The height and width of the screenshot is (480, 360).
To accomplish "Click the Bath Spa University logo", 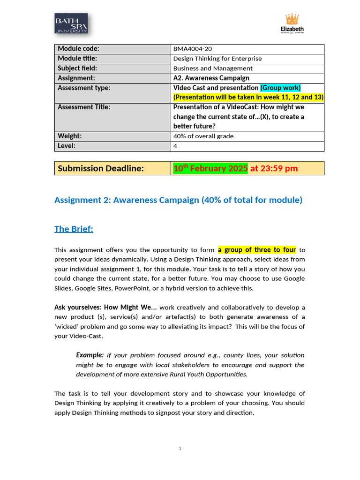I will [71, 23].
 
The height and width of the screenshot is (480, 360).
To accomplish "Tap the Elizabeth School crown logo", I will [292, 23].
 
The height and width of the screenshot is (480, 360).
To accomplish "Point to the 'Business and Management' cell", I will [213, 68].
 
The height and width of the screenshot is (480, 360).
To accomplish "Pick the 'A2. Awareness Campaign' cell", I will [211, 78].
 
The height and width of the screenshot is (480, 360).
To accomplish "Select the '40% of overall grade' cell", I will [203, 136].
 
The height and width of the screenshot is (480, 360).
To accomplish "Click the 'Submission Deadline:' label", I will [100, 168].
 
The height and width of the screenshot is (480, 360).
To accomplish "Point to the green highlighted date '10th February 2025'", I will [210, 168].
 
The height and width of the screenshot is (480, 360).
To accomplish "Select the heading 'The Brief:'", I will [74, 229].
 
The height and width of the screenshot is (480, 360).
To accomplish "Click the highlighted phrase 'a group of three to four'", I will [257, 250].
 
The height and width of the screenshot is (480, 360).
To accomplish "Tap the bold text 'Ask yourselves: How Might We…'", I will [105, 307].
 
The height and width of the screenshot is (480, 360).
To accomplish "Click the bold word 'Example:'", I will [90, 355].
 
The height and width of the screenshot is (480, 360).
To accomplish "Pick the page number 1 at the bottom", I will [180, 449].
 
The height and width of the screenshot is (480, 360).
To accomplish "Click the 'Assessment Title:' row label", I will [84, 107].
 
